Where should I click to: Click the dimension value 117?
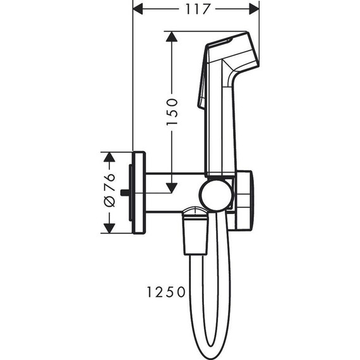(x=196, y=8)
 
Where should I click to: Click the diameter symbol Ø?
(x=108, y=201)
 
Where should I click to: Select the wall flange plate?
(x=139, y=192)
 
